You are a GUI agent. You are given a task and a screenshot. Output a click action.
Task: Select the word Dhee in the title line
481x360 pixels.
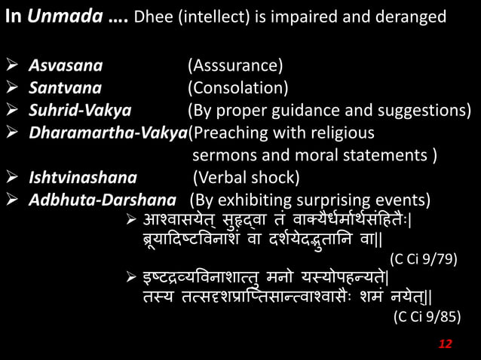(x=152, y=17)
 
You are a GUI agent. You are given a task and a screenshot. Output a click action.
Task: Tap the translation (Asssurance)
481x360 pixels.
(x=235, y=66)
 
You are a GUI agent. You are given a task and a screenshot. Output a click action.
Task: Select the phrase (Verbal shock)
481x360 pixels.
(x=246, y=178)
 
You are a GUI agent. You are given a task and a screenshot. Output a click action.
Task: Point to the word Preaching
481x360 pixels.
(x=230, y=134)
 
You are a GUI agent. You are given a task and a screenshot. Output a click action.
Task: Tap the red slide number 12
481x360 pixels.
(x=445, y=343)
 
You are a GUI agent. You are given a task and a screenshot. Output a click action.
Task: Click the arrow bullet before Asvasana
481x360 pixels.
(x=13, y=66)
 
